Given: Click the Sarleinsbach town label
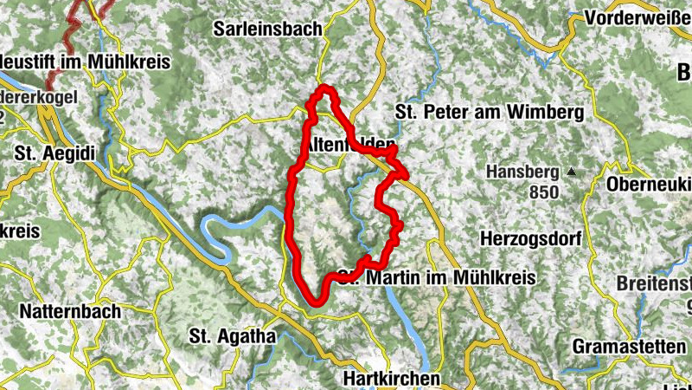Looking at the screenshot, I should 267,29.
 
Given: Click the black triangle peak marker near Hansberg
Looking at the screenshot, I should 572,172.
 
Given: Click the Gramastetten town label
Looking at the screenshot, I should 630,346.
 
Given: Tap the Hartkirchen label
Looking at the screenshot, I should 391,379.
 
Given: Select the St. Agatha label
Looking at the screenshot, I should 233,335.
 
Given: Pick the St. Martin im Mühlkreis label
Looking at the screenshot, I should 437,278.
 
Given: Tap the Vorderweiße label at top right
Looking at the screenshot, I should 638,18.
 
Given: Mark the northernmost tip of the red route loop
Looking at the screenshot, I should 326,88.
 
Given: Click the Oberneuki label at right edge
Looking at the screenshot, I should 648,185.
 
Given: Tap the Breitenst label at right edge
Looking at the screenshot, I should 654,283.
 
